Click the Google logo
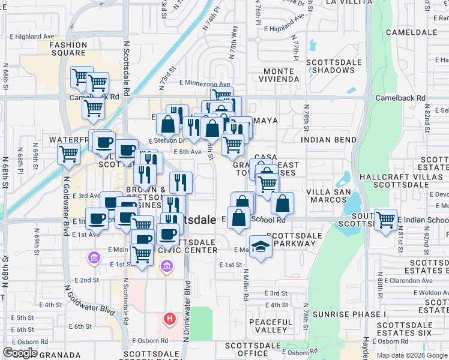click(x=20, y=353)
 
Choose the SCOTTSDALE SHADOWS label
click(x=334, y=66)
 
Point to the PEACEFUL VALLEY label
click(x=271, y=326)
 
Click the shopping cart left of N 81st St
click(x=385, y=220)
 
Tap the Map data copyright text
click(x=411, y=355)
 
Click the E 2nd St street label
click(x=86, y=280)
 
